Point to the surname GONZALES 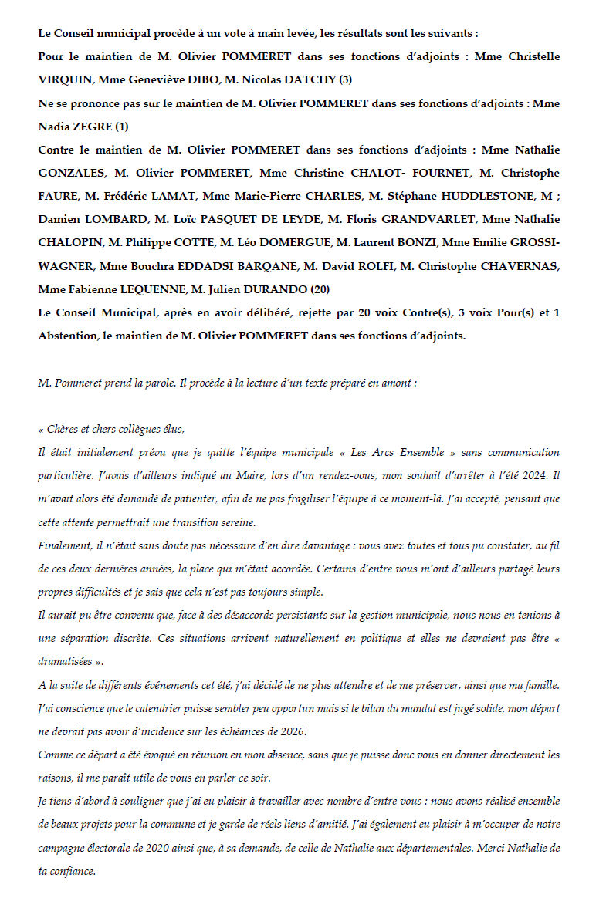70,173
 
